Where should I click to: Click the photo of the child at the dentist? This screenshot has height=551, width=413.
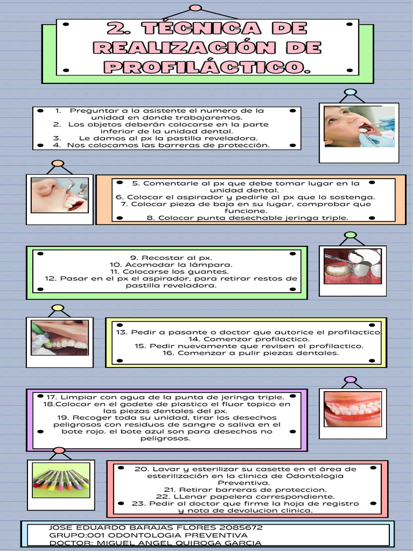pos(359,127)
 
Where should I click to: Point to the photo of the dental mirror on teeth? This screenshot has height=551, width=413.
pos(352,266)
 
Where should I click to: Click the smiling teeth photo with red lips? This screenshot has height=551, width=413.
pos(352,409)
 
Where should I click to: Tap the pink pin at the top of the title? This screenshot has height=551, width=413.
pos(196,8)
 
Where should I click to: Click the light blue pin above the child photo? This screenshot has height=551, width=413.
pos(350,92)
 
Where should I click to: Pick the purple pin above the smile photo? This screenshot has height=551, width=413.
pos(350,379)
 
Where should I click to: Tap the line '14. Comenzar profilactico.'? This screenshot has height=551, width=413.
pos(249,339)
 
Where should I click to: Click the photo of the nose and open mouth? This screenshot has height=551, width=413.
pos(59,195)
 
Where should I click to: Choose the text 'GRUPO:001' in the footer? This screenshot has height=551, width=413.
pos(77,535)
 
